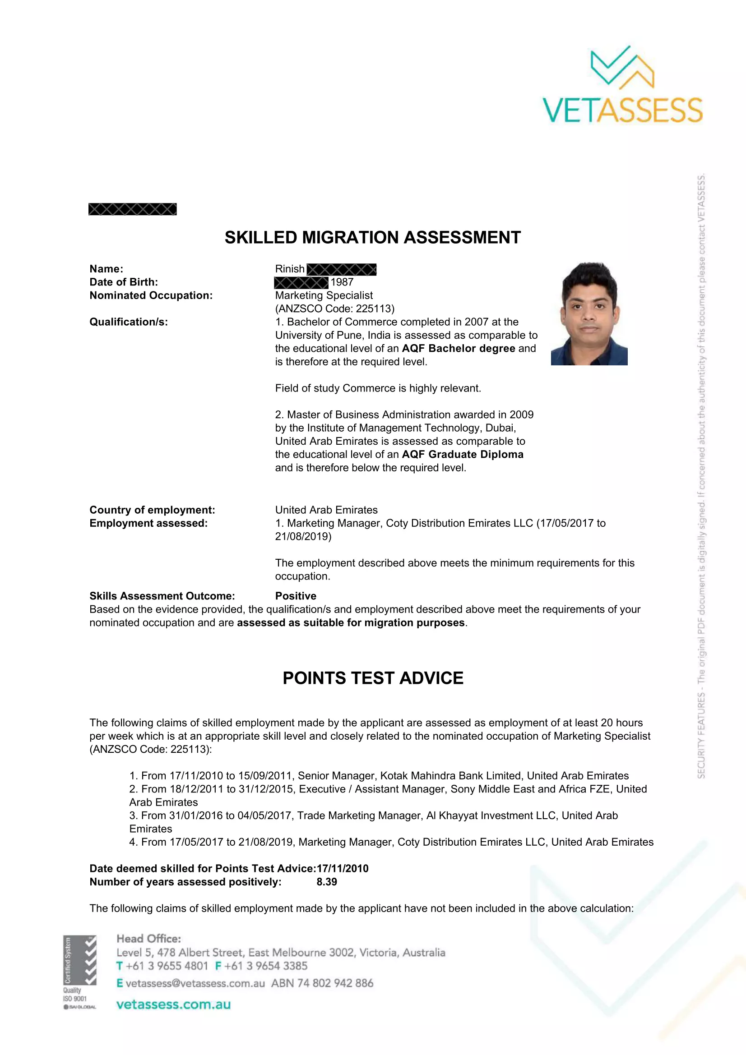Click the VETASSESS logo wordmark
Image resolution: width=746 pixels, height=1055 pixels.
click(x=622, y=110)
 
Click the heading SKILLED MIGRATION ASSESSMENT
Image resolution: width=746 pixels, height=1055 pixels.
click(x=372, y=238)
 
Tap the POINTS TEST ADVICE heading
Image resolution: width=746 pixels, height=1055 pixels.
click(x=373, y=678)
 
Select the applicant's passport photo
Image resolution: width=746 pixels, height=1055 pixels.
click(x=589, y=313)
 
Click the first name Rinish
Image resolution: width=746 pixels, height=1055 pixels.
click(x=290, y=269)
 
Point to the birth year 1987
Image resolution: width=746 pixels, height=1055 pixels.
click(x=342, y=282)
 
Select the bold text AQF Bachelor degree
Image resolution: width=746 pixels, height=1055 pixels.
click(x=458, y=348)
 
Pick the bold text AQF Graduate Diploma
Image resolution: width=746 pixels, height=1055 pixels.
click(x=463, y=455)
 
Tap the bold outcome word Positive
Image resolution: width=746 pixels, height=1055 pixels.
click(x=296, y=596)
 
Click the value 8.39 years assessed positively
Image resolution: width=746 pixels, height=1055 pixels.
click(x=326, y=882)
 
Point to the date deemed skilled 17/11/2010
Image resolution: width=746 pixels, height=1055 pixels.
click(x=343, y=868)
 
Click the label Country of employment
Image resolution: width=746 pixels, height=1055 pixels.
click(x=152, y=510)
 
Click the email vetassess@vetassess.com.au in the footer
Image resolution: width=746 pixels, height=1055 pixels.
click(x=195, y=983)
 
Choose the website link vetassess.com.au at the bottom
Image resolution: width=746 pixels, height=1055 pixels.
click(x=173, y=1004)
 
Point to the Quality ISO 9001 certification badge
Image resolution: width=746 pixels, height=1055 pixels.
click(x=79, y=972)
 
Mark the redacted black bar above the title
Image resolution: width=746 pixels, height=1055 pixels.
click(x=132, y=209)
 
